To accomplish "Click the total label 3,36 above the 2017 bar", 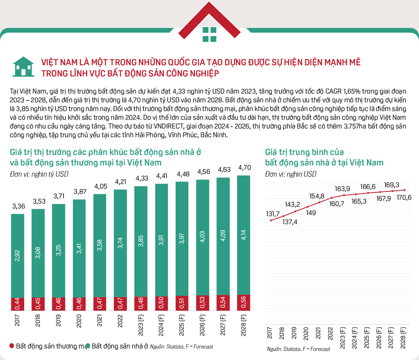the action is (x=19, y=206).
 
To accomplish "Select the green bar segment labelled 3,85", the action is (x=141, y=241).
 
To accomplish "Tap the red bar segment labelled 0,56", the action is (x=243, y=303).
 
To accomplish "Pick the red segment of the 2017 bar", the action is (x=18, y=304).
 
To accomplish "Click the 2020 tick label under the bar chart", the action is (x=79, y=321).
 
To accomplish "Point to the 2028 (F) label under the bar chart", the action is (x=243, y=325).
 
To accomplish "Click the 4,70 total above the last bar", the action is (x=244, y=168).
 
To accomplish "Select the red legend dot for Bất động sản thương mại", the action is (x=12, y=346).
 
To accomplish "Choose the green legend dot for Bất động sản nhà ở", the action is (x=88, y=346).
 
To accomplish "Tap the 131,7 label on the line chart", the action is (x=273, y=214).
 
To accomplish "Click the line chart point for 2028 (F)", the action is (x=405, y=190).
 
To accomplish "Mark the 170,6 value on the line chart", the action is (x=404, y=197).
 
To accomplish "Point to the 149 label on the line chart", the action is (x=311, y=213).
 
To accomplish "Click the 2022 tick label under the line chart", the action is (x=330, y=333).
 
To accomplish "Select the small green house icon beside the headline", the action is (x=23, y=67).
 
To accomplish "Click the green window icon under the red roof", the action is (x=209, y=35).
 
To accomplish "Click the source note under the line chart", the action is (x=299, y=349).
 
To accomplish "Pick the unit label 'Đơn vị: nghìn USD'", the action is (x=291, y=174).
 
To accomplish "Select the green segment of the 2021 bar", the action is (x=100, y=246).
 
